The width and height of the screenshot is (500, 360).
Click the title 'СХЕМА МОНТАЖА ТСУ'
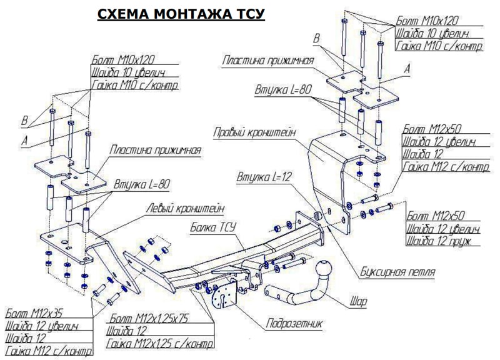[181, 13]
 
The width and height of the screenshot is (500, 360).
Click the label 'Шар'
[358, 302]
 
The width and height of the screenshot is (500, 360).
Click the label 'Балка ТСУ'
[212, 228]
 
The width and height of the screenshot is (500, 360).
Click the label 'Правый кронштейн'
[254, 132]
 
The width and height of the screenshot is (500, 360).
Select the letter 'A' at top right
[406, 69]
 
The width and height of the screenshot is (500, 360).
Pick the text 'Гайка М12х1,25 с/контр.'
[160, 344]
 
